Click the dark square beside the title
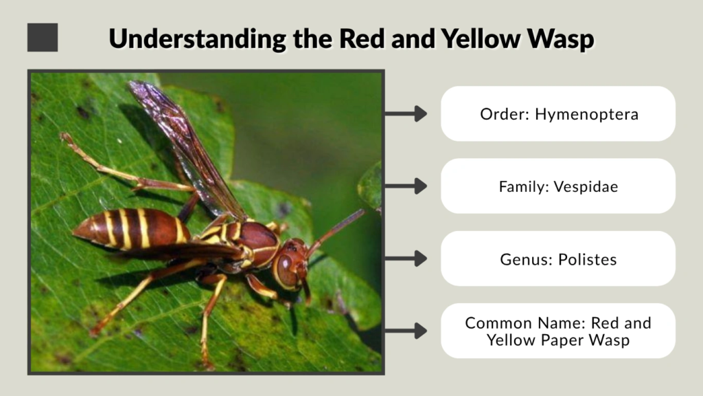point(43,37)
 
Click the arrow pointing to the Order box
point(406,114)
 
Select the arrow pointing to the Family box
point(406,186)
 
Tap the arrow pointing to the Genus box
point(406,259)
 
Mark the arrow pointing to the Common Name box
point(406,331)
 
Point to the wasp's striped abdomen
point(134,228)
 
